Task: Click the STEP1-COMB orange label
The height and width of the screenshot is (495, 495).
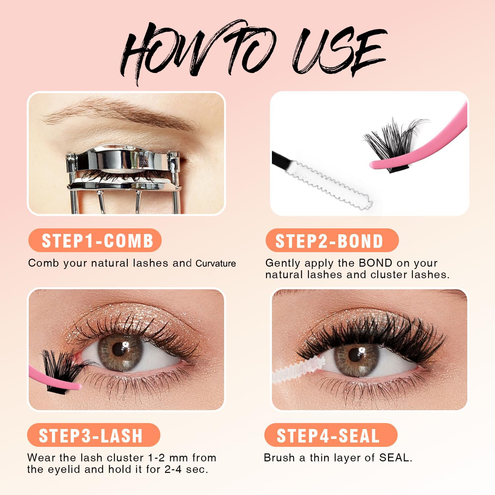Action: click(x=95, y=240)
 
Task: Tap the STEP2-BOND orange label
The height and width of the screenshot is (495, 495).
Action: click(x=332, y=240)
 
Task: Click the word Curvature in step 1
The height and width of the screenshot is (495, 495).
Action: click(x=216, y=263)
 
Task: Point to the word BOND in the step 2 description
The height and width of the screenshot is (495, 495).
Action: click(x=376, y=263)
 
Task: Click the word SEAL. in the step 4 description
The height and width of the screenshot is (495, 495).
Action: click(x=396, y=458)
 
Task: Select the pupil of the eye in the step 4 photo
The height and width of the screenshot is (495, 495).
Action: click(x=355, y=355)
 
